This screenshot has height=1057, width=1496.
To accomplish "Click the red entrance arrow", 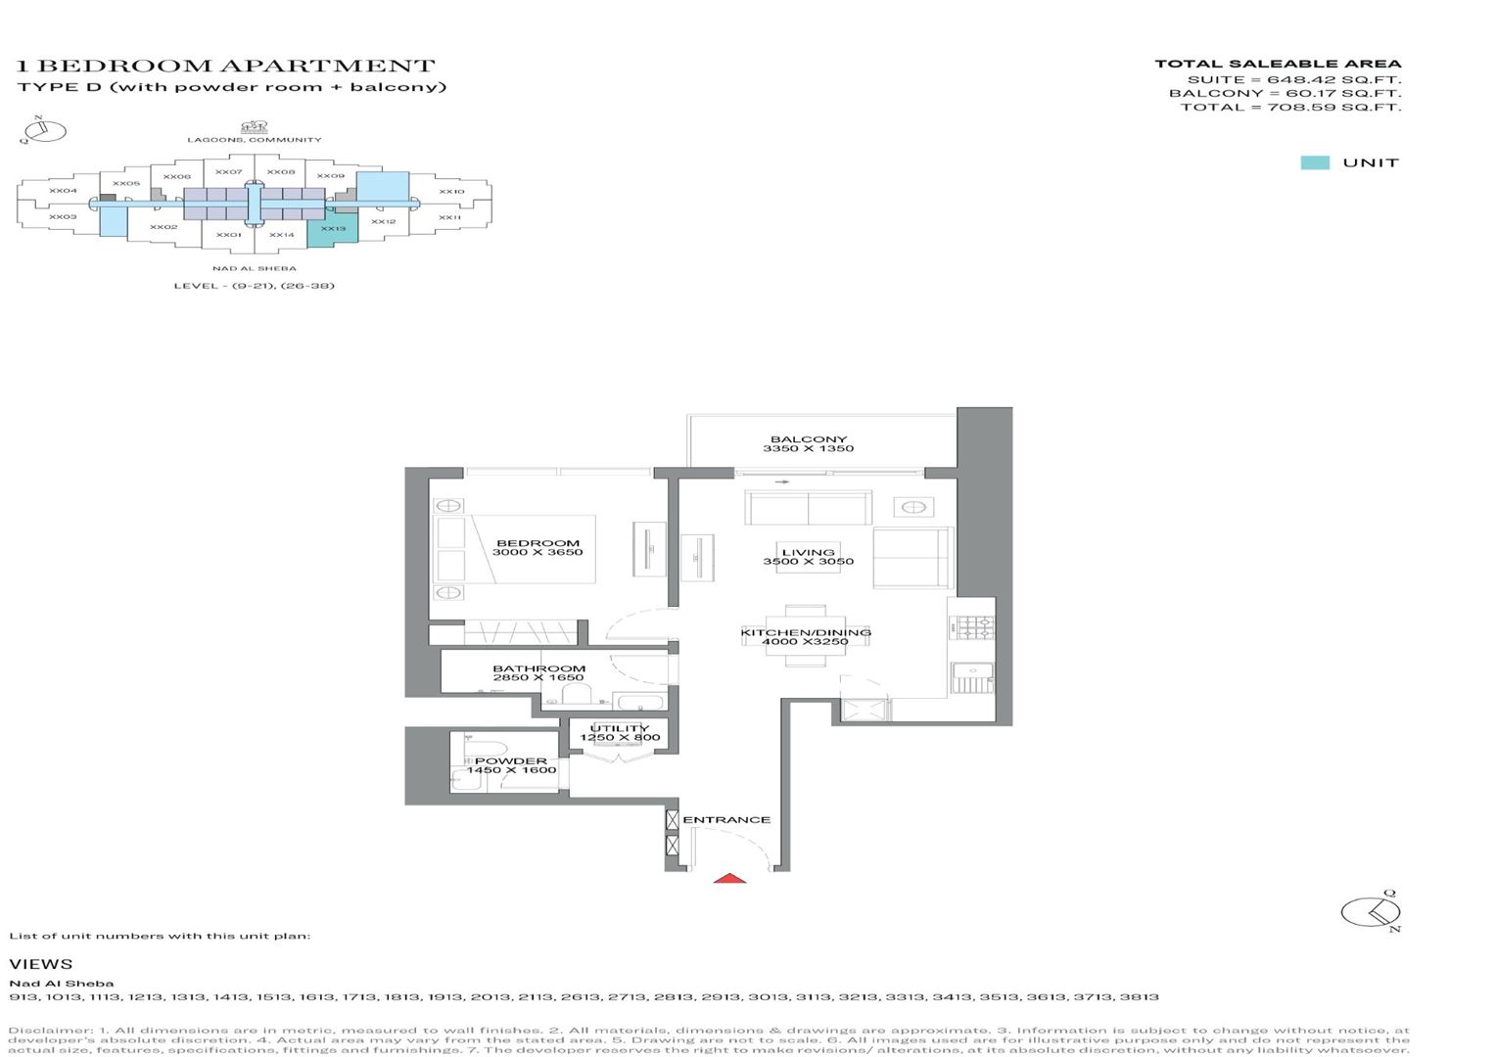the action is click(729, 878).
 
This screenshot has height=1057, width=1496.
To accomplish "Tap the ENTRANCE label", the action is click(726, 819).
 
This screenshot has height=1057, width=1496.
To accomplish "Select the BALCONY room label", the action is click(809, 439).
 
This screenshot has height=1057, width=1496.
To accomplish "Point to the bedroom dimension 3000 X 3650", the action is click(538, 552).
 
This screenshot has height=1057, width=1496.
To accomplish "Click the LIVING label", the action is click(808, 552).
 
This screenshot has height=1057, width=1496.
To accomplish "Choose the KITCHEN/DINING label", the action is click(806, 632).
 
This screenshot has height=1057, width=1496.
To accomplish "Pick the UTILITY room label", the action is click(620, 728).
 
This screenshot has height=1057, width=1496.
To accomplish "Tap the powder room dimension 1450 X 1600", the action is click(512, 770).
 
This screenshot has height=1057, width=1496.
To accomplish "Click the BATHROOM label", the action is click(538, 668).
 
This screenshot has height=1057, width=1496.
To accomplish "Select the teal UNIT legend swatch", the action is click(1314, 162).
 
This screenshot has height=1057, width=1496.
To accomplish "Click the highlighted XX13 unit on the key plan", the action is click(333, 229).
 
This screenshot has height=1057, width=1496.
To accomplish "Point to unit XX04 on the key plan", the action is click(63, 190).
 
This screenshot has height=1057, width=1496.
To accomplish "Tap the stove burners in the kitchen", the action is click(976, 628).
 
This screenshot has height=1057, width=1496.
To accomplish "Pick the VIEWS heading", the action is click(41, 964).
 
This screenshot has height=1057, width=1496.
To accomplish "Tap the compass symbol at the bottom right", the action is click(1370, 912).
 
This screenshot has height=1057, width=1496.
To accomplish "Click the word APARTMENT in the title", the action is click(327, 66).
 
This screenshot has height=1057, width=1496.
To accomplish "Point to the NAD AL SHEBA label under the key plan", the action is click(255, 268).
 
